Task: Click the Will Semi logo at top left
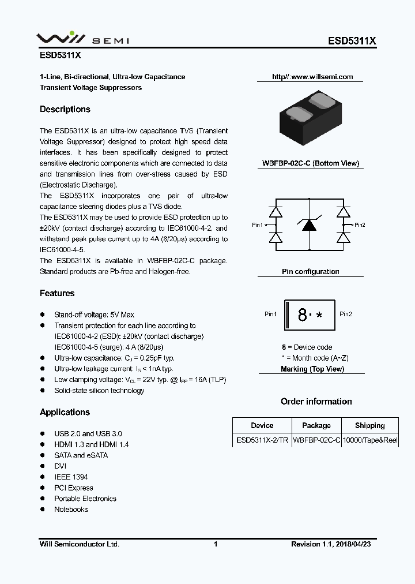pyautogui.click(x=83, y=39)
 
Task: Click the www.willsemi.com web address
pyautogui.click(x=312, y=77)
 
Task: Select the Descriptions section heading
pyautogui.click(x=65, y=109)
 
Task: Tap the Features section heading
pyautogui.click(x=57, y=293)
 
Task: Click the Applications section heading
pyautogui.click(x=65, y=412)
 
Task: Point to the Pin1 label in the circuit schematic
pyautogui.click(x=257, y=225)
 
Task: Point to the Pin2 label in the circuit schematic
pyautogui.click(x=360, y=225)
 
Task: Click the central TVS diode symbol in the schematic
pyautogui.click(x=310, y=224)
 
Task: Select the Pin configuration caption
pyautogui.click(x=310, y=271)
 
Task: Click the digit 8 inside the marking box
pyautogui.click(x=302, y=315)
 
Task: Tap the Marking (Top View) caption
pyautogui.click(x=312, y=369)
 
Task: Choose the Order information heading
pyautogui.click(x=316, y=402)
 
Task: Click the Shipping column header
pyautogui.click(x=369, y=425)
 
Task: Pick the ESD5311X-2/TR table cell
pyautogui.click(x=262, y=440)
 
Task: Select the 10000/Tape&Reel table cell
pyautogui.click(x=369, y=440)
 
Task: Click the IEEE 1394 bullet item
pyautogui.click(x=71, y=477)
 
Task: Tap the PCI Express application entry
pyautogui.click(x=73, y=488)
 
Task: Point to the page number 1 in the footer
pyautogui.click(x=216, y=544)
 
